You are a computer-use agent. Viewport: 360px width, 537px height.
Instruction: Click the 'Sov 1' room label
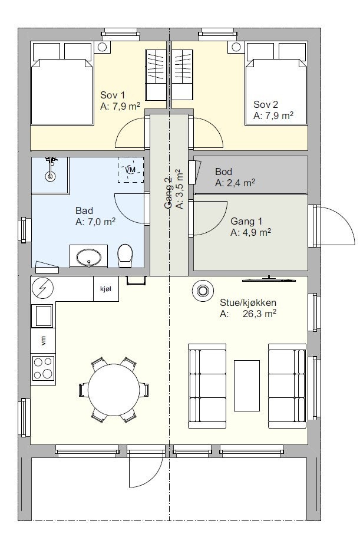point(113,95)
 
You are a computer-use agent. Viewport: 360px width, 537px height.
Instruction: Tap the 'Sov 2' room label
point(266,104)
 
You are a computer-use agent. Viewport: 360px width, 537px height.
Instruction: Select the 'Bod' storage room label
point(223,172)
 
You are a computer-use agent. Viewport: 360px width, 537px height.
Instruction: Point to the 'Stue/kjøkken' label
point(247,302)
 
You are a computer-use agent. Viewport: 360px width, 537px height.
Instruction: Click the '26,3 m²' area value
point(259,314)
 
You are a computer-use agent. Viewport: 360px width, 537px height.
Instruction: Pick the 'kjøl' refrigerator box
point(106,289)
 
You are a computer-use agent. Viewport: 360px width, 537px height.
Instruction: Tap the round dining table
point(114,390)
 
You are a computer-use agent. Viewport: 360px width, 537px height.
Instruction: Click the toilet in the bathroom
point(125,255)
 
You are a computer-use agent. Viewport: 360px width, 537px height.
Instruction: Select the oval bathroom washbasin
point(89,257)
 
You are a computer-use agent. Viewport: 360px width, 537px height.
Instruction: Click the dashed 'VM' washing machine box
point(131,170)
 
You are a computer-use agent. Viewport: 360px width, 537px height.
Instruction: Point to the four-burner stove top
point(43,368)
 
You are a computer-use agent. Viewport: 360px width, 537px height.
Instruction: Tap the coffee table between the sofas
point(247,386)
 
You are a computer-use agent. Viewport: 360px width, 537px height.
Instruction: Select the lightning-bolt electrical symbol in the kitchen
point(43,288)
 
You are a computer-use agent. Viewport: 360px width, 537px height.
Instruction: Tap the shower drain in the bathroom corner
point(51,177)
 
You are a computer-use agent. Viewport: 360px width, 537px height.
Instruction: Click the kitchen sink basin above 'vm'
point(42,315)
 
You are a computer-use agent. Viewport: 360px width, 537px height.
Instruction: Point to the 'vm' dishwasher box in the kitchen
point(43,341)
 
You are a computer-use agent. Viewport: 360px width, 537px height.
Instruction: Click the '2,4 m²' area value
point(241,183)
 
